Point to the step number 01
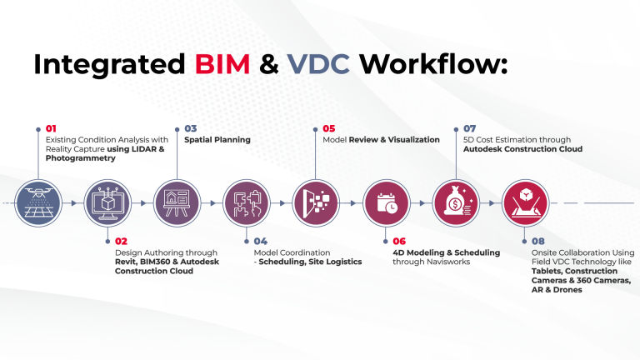(52, 128)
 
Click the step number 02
(122, 241)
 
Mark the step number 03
(191, 128)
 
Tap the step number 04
(261, 241)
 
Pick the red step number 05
(329, 128)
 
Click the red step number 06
(399, 241)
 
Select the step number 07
(469, 128)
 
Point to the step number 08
(538, 241)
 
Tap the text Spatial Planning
(217, 140)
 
